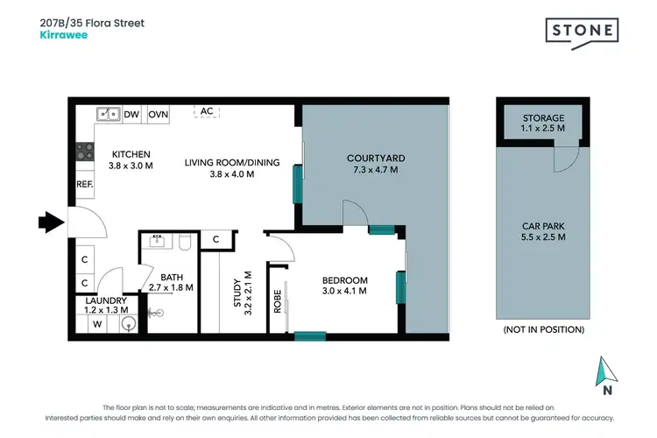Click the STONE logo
583,32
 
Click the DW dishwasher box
132,114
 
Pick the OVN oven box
159,114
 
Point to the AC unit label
207,111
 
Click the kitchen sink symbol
109,114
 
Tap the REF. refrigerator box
85,184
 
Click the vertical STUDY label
236,294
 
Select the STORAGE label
543,117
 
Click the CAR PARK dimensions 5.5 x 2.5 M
543,237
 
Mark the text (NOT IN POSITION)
543,329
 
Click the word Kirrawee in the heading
61,36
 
